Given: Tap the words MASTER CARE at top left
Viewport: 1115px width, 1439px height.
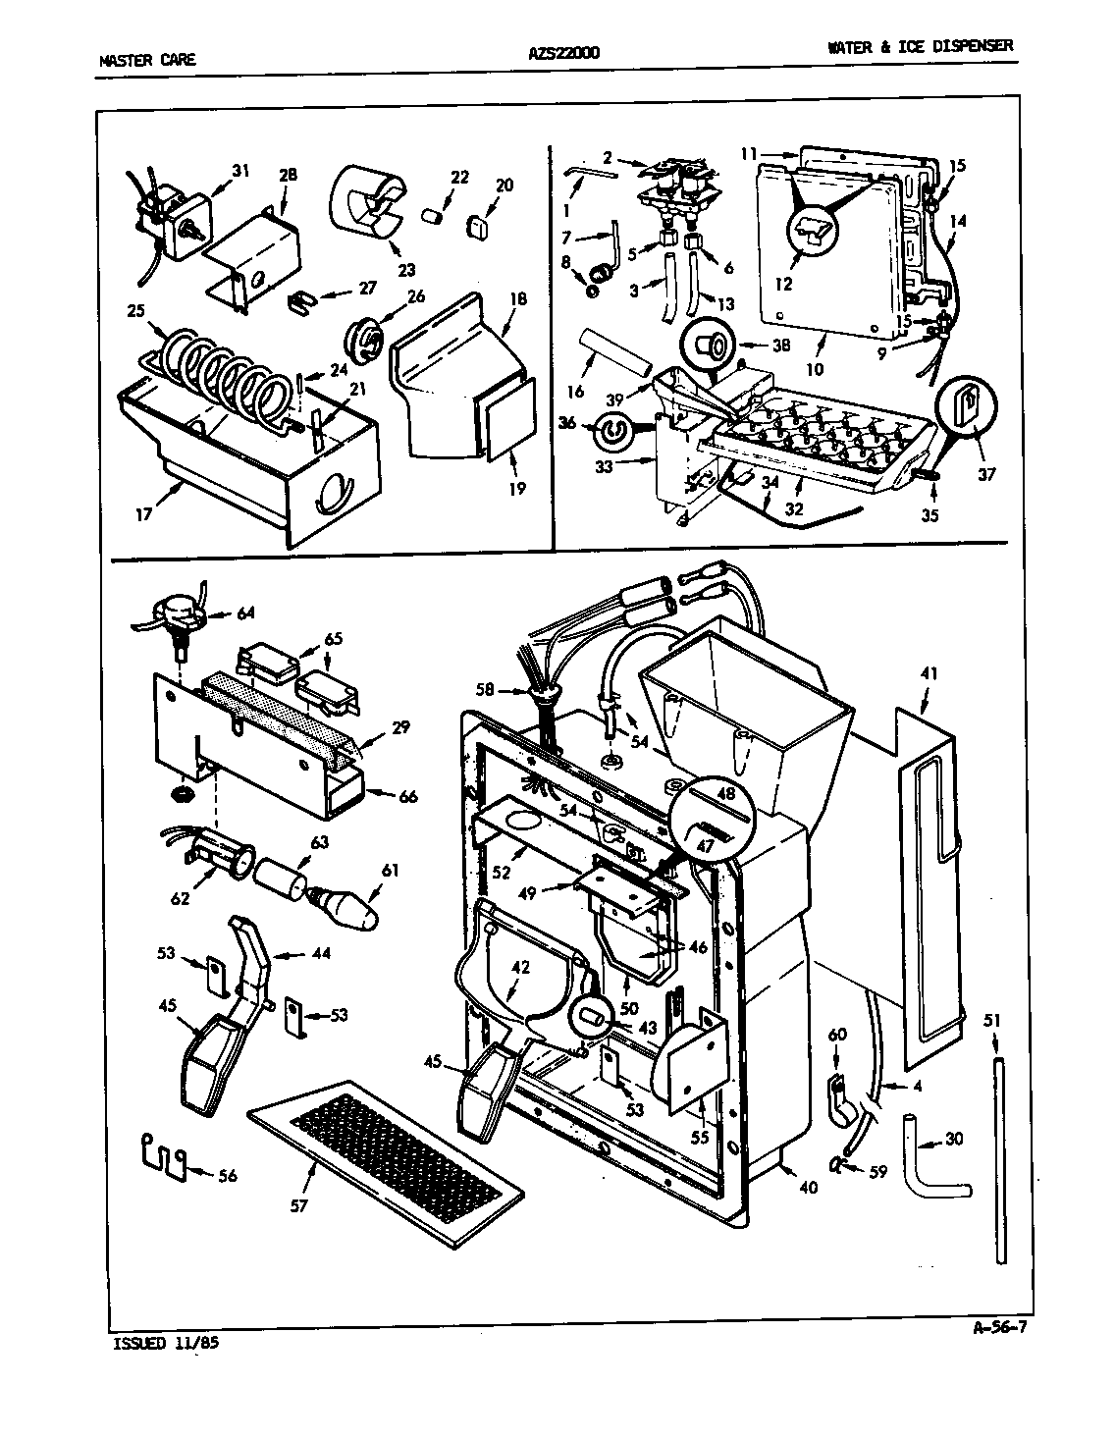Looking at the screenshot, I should (147, 60).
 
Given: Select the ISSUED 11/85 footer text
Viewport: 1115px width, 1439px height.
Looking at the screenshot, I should (159, 1344).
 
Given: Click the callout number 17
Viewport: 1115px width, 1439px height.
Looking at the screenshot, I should (144, 513).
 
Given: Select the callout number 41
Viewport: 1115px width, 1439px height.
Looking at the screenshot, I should (929, 674).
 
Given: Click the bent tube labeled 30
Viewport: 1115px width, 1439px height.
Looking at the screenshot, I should (932, 1171).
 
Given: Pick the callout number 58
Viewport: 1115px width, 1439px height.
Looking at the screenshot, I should (485, 691).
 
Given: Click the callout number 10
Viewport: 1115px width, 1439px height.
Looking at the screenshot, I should (814, 370).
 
